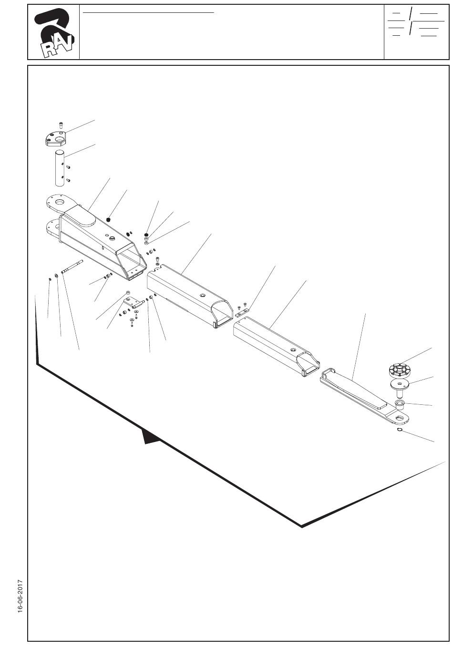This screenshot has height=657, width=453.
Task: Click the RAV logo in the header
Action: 53,32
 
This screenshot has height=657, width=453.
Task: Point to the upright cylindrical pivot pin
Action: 59,168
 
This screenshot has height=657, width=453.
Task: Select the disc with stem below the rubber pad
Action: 398,386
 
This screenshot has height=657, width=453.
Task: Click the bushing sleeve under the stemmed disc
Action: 400,405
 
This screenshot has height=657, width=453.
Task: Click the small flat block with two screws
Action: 242,312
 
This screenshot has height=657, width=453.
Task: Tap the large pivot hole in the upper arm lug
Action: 60,203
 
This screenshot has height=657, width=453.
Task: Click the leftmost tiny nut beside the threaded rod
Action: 50,278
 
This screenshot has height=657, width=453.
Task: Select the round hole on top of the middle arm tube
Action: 204,296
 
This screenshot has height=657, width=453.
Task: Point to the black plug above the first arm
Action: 108,220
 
